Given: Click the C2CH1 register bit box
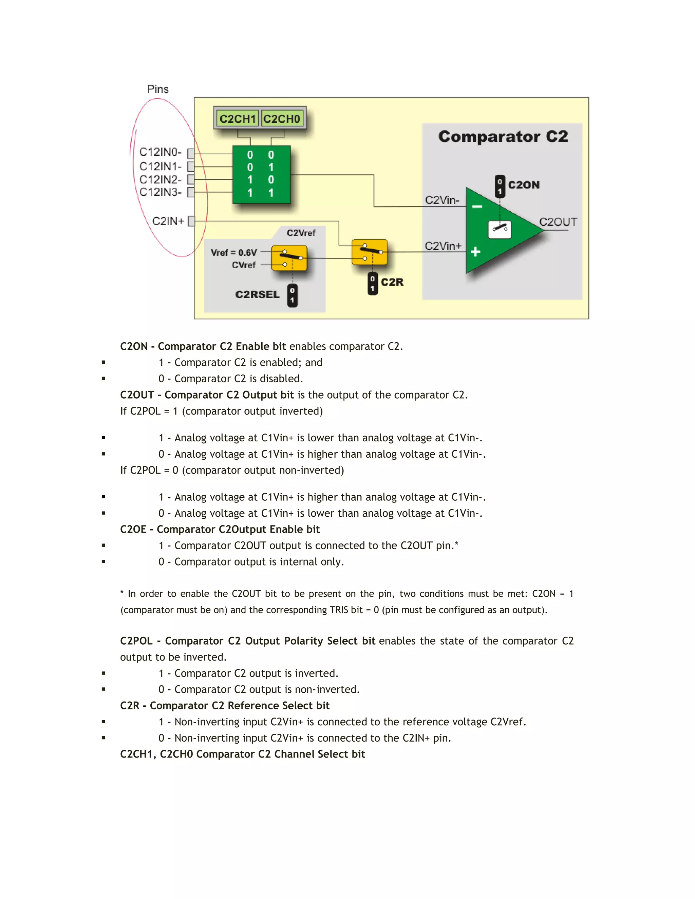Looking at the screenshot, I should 238,119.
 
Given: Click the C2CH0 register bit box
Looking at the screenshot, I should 282,119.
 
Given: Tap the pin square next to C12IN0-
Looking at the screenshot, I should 191,154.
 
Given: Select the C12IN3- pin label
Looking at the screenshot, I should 160,192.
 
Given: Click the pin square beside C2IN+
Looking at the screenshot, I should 191,222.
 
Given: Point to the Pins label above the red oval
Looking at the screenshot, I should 158,89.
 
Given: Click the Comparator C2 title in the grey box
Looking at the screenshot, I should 503,137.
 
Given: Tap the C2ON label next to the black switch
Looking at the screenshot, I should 523,185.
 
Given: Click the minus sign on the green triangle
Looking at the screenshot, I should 477,207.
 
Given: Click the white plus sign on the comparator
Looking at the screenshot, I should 475,251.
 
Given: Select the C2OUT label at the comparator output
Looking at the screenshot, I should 558,222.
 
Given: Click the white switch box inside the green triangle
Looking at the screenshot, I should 500,229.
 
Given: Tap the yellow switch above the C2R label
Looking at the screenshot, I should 369,252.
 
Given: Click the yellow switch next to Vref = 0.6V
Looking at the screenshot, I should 289,258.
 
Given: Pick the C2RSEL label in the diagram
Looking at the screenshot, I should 257,295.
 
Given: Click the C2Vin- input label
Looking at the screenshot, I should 442,200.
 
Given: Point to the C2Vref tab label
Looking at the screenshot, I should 301,233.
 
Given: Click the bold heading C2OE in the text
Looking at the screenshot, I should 133,529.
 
